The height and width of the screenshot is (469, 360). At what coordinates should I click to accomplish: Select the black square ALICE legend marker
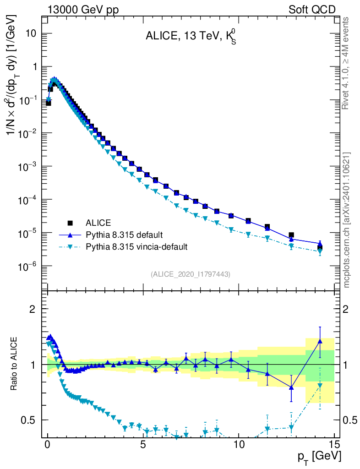70,223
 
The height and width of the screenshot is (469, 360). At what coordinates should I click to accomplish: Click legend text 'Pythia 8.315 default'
124,235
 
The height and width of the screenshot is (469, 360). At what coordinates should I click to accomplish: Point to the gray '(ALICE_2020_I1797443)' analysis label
191,274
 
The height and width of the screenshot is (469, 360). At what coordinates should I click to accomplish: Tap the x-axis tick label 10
239,445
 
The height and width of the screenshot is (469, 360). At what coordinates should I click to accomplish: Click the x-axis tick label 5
143,445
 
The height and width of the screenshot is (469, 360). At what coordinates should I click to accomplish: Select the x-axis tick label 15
334,445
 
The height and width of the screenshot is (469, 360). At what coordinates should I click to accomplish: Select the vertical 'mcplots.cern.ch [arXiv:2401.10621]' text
347,220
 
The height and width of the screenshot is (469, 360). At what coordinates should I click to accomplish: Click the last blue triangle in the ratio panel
320,341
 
